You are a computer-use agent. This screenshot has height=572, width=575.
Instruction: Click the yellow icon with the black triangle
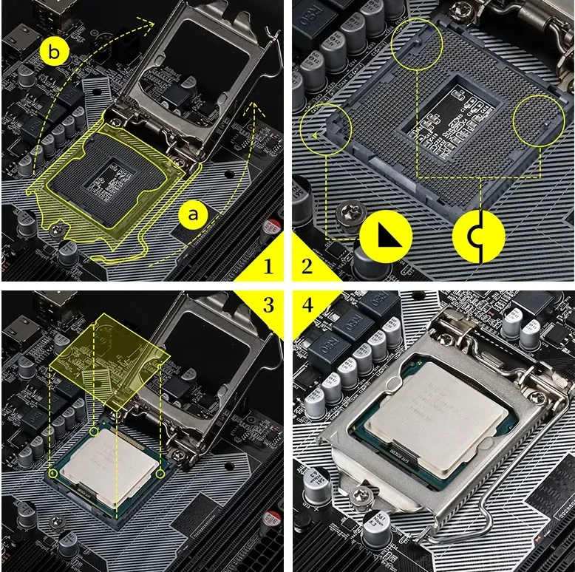coord(385,236)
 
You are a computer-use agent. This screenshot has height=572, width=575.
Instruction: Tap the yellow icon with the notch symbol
coord(479,236)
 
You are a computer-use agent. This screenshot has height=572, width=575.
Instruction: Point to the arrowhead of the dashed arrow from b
coord(152,24)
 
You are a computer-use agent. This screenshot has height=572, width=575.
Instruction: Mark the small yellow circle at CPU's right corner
coord(160,472)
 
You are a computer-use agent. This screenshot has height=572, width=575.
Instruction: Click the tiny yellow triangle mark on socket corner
coord(316,135)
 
